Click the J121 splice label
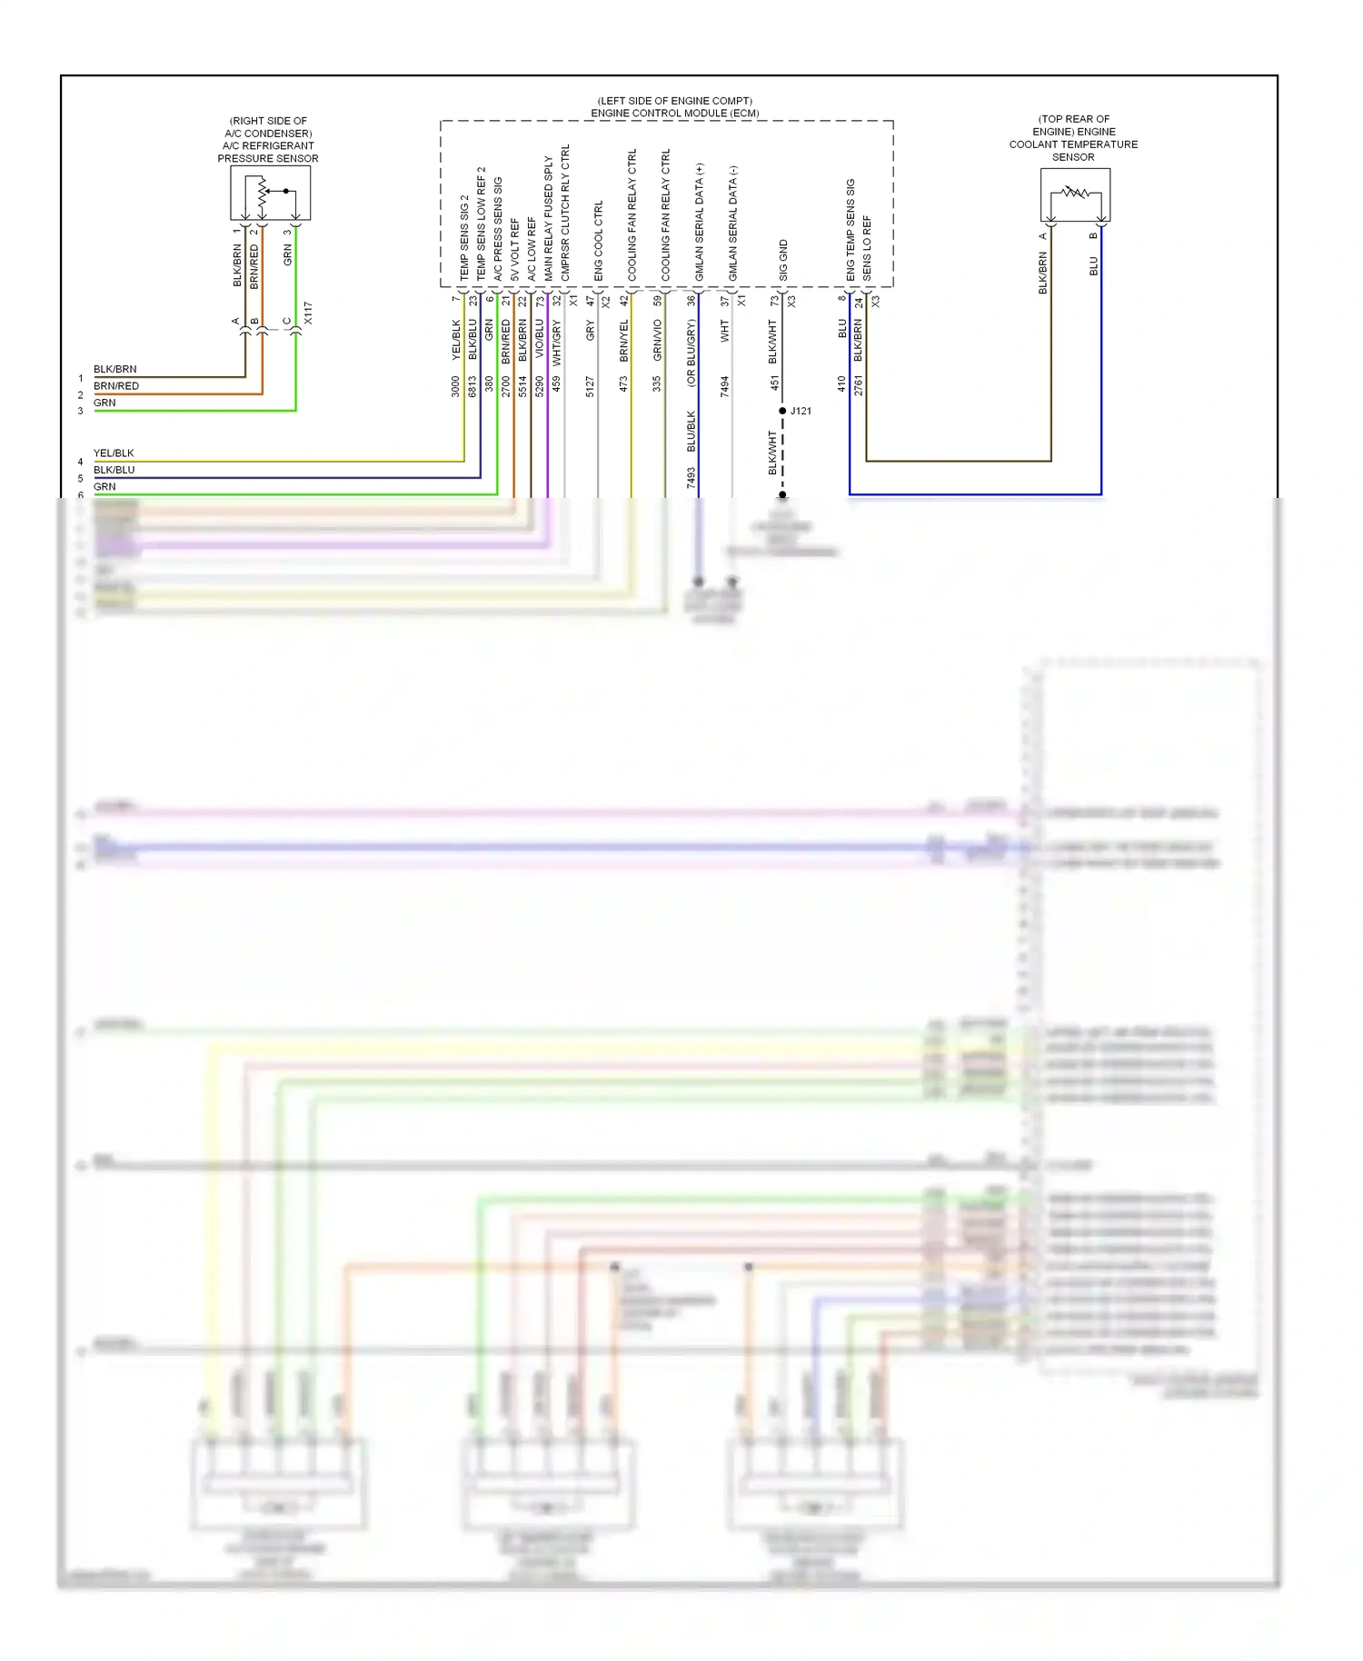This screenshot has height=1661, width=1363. pyautogui.click(x=801, y=411)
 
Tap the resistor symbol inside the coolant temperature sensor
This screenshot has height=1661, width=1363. pyautogui.click(x=1075, y=193)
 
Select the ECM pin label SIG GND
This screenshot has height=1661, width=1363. pyautogui.click(x=783, y=260)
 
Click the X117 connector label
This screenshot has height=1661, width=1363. pyautogui.click(x=308, y=313)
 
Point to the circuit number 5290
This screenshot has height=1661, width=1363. pyautogui.click(x=540, y=386)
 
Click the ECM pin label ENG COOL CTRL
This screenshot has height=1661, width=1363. pyautogui.click(x=599, y=240)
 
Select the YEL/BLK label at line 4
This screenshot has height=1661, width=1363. pyautogui.click(x=114, y=453)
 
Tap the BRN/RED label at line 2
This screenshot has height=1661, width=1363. pyautogui.click(x=116, y=386)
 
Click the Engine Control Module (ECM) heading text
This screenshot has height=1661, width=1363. pyautogui.click(x=674, y=113)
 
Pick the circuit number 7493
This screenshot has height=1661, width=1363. pyautogui.click(x=691, y=478)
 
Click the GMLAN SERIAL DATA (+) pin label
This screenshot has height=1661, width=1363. pyautogui.click(x=700, y=222)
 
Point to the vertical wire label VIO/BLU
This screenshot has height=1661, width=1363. pyautogui.click(x=540, y=338)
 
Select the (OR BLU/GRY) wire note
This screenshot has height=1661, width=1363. pyautogui.click(x=691, y=353)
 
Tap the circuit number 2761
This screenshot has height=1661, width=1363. pyautogui.click(x=859, y=384)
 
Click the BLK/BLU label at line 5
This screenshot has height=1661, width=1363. pyautogui.click(x=114, y=470)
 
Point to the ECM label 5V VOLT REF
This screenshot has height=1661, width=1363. pyautogui.click(x=515, y=248)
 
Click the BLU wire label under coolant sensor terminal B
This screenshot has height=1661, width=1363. pyautogui.click(x=1094, y=266)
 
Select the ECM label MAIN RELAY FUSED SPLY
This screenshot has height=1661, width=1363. pyautogui.click(x=549, y=217)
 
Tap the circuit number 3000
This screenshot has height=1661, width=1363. pyautogui.click(x=456, y=386)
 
